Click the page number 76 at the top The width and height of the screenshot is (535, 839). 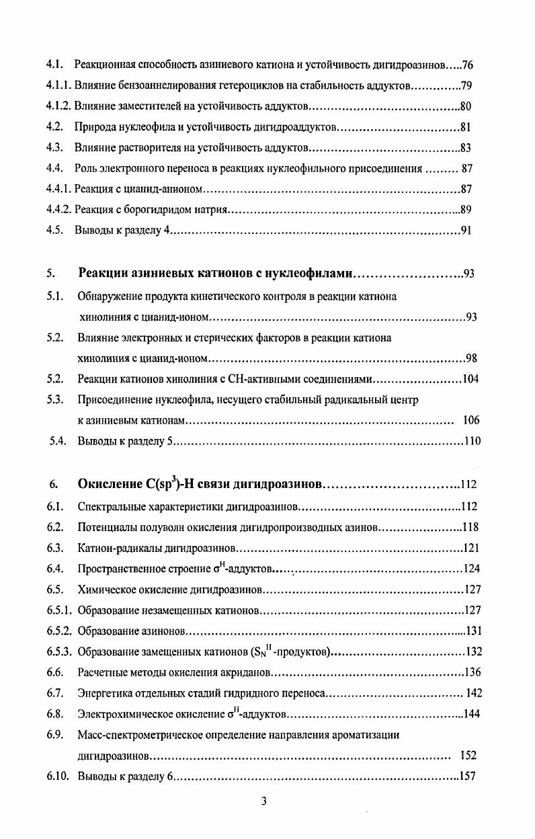point(468,65)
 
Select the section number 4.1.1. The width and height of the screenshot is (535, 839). point(58,86)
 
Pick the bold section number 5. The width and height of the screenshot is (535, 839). point(50,274)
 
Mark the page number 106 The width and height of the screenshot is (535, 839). point(471,421)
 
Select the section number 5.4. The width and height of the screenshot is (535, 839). point(58,442)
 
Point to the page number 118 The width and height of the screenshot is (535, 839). point(470,527)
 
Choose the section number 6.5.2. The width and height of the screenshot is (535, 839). point(60,631)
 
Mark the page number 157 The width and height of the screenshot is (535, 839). point(466,776)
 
